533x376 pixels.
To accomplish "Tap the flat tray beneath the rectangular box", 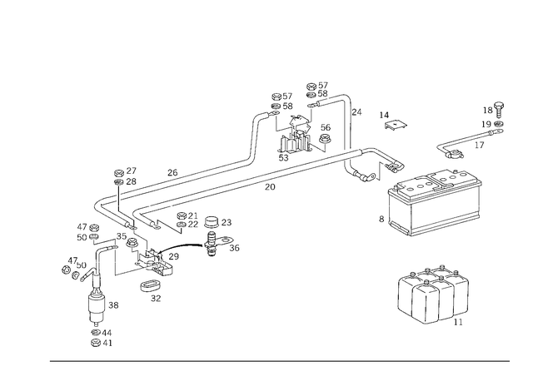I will click(x=433, y=218).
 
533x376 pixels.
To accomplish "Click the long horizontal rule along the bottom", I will click(x=279, y=360).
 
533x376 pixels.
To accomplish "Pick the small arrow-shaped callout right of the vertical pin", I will click(x=391, y=125).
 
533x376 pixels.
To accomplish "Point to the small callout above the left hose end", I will click(x=127, y=175).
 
